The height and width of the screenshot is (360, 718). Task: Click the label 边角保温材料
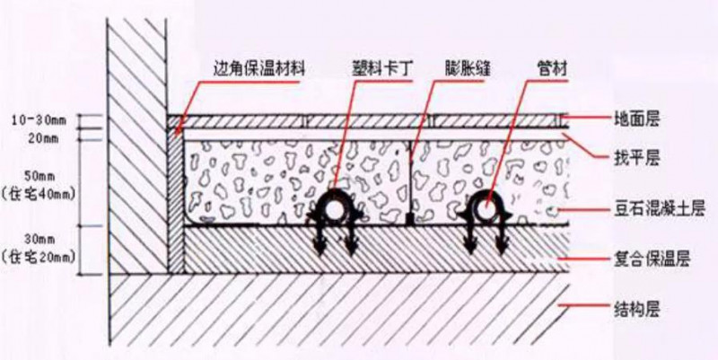coord(259,70)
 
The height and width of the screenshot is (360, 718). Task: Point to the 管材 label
coord(553,70)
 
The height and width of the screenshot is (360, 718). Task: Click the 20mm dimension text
coord(43,139)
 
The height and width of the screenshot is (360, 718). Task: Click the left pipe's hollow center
coord(335,210)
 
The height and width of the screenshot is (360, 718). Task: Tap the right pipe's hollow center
coord(486,209)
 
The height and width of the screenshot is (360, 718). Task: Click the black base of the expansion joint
coord(411,219)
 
